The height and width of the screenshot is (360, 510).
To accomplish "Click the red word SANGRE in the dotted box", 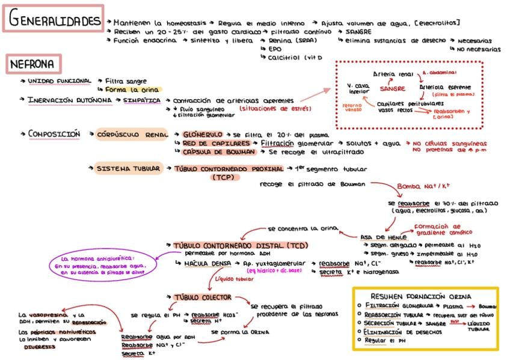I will point(392,88).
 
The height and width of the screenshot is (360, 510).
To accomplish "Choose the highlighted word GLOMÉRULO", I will point(202,135).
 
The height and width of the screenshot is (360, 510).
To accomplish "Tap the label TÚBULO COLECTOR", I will point(203,297).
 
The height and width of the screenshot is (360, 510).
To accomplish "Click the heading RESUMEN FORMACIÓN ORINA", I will point(425,296).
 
